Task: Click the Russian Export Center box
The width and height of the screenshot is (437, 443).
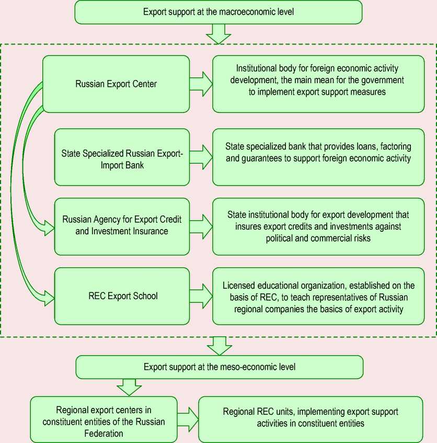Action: [x=116, y=84]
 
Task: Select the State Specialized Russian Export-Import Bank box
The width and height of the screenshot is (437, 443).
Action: [x=122, y=157]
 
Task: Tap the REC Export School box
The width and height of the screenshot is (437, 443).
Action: [x=122, y=296]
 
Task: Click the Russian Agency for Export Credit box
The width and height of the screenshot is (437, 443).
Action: [x=122, y=226]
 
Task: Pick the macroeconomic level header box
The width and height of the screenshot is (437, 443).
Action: [x=218, y=12]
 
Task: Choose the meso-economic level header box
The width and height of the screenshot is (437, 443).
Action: [x=220, y=367]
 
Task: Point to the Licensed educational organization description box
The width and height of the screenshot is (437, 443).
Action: [x=318, y=296]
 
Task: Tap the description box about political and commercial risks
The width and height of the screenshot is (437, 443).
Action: [x=318, y=226]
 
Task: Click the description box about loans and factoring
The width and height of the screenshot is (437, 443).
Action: [x=318, y=157]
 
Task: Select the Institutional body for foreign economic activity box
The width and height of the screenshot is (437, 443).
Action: [x=318, y=84]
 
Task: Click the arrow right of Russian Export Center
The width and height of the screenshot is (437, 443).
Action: [x=201, y=84]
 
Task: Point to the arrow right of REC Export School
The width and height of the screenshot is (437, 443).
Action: [x=201, y=296]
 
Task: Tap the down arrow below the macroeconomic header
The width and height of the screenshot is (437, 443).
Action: [x=218, y=34]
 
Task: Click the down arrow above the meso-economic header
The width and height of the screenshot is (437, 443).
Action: [x=220, y=346]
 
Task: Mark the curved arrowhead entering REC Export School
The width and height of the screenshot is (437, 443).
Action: [x=49, y=298]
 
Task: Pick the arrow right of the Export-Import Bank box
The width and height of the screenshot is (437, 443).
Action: [x=201, y=157]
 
